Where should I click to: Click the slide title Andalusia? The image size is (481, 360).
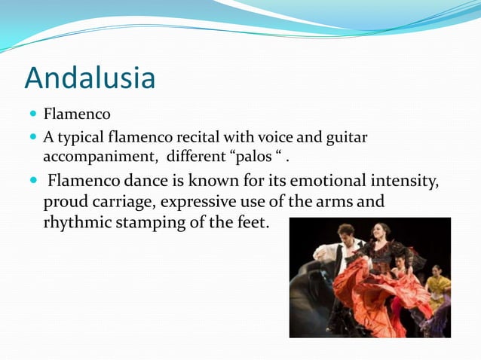[90, 78]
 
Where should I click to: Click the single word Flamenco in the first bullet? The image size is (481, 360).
[77, 115]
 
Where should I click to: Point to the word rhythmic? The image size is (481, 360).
[78, 223]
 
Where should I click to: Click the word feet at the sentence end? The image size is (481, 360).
[251, 223]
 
